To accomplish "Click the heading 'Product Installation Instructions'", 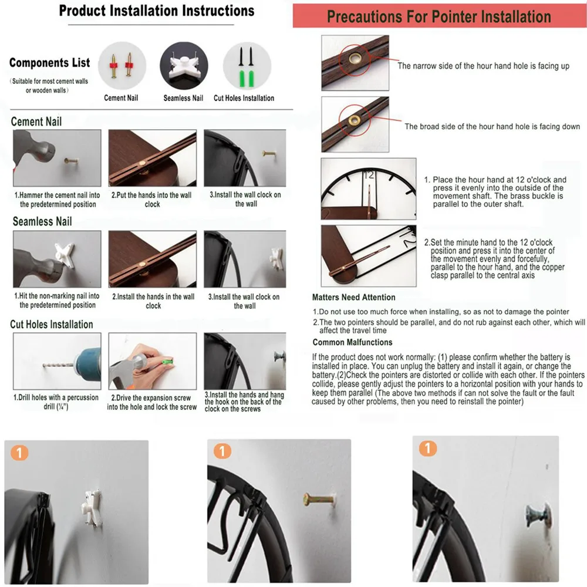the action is coord(157,11).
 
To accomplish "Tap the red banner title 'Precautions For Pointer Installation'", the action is coord(438,16).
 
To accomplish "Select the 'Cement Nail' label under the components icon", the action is coord(121,97).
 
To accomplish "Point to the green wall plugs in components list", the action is coord(247,78).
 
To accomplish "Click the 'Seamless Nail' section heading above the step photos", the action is coord(42,221).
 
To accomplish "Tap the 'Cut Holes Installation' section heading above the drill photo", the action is coord(52,324).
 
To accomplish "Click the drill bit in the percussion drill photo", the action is coord(58,365).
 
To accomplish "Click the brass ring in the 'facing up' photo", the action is coord(354,58).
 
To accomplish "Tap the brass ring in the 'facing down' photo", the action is coord(354,120).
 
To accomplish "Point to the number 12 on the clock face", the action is coord(369,175).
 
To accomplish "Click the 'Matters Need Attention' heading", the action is coord(354,297).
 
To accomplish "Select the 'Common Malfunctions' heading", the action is coord(352,342).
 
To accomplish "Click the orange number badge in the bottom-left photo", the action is coord(19,453).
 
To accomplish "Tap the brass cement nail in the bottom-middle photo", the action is coord(319,499).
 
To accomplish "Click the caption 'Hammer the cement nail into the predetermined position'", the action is coord(58,200).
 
